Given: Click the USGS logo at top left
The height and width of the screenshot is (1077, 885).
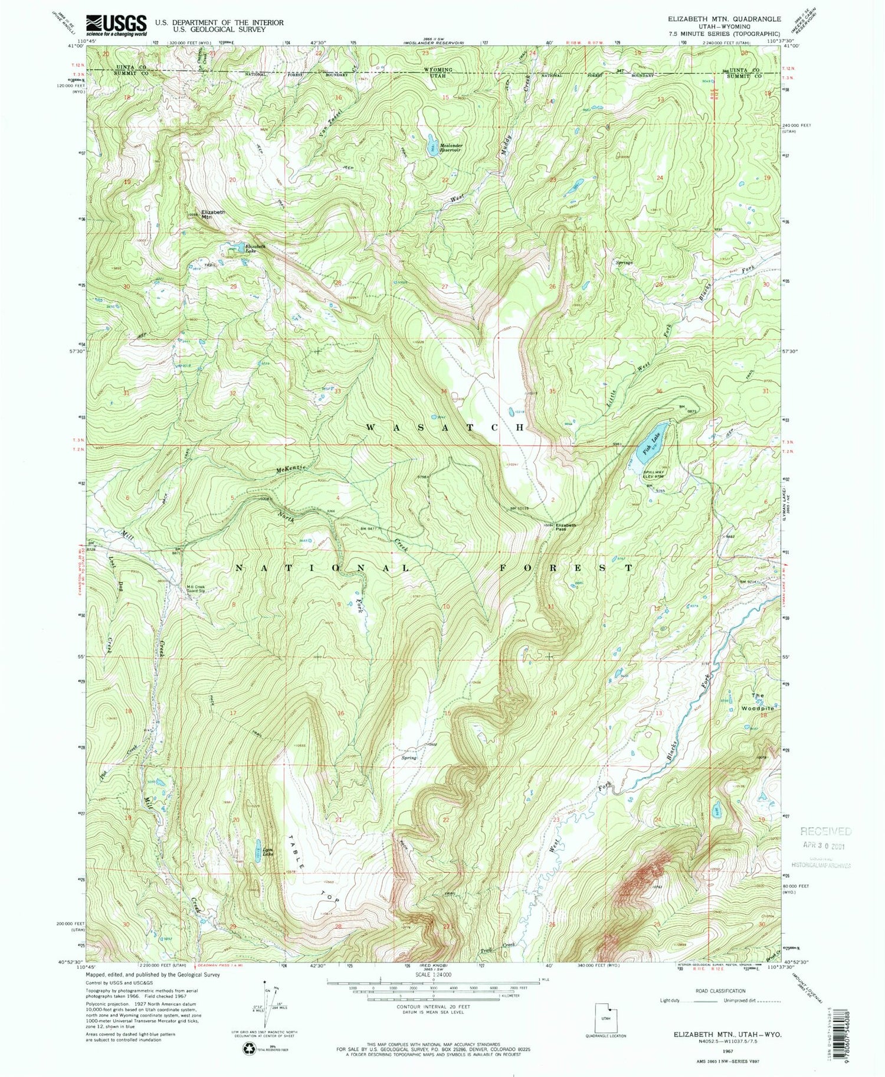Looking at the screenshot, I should click(x=116, y=25).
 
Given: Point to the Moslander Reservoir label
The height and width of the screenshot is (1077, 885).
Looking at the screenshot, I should click(x=450, y=148).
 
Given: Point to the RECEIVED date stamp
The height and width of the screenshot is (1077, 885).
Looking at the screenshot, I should click(x=826, y=837).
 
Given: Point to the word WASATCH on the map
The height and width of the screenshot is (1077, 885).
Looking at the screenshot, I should click(x=445, y=427).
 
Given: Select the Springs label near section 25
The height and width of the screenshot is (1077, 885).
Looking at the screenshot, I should click(x=624, y=262).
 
